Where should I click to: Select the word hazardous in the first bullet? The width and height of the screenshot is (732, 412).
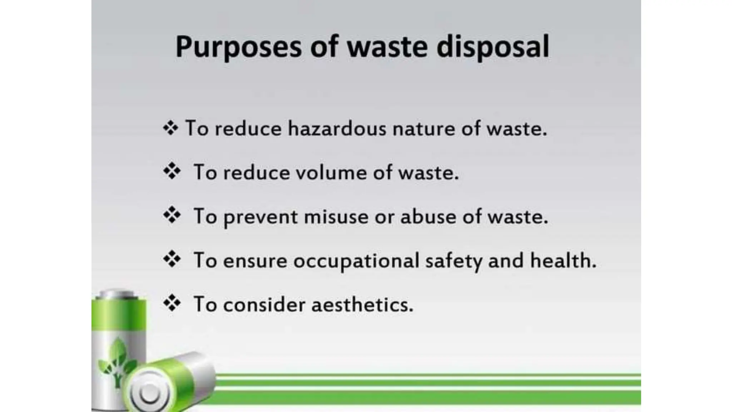pos(337,128)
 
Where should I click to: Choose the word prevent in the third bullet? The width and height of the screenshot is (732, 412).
pos(261,217)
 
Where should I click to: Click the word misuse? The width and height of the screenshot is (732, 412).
pos(336,217)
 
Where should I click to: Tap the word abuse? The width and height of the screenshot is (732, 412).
pos(428,217)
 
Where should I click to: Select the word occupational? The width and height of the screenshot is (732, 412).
pos(356,261)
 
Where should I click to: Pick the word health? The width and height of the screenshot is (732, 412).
pos(563,260)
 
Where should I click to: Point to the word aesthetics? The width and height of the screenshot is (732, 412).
pos(362,305)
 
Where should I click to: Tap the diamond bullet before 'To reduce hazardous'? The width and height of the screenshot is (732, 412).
pos(170,128)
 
